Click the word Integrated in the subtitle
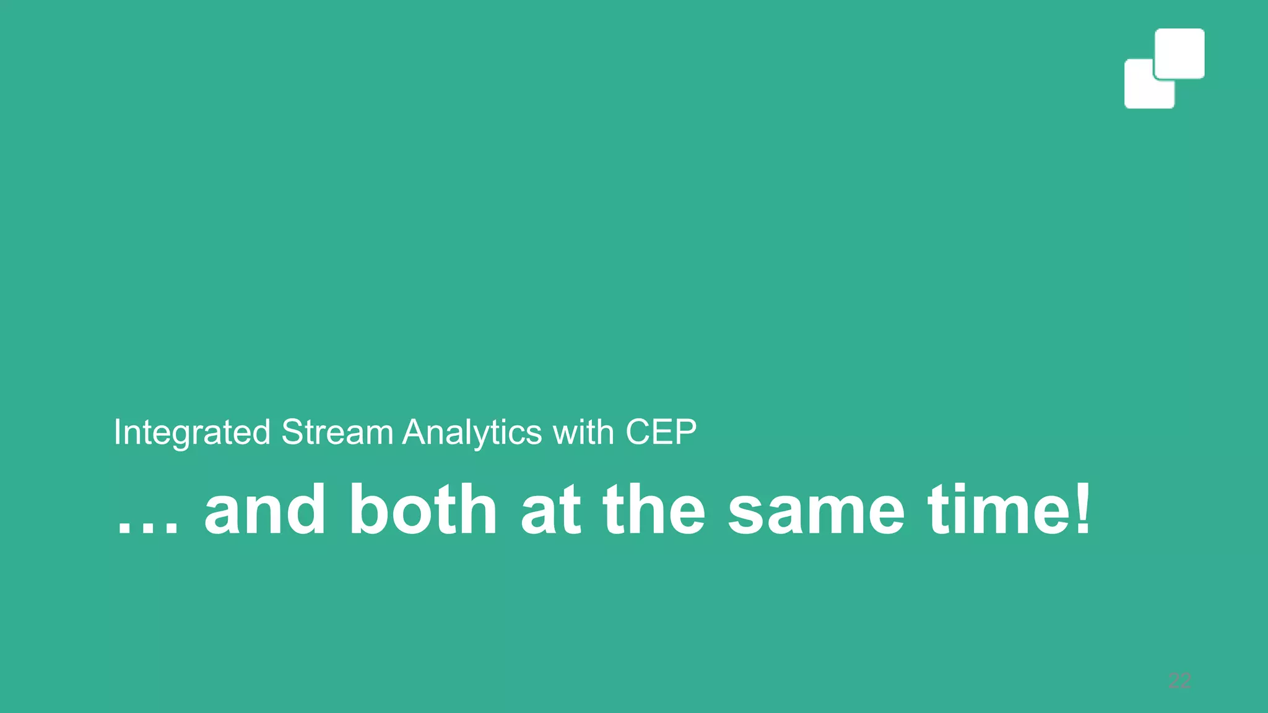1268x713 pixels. tap(192, 432)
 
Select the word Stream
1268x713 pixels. tap(337, 432)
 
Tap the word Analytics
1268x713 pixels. tap(472, 432)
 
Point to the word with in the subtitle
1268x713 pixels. tap(583, 432)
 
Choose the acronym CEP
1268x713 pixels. tap(661, 432)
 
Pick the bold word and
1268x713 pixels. tap(265, 510)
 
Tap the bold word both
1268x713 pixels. tap(423, 510)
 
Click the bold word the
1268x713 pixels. tap(654, 510)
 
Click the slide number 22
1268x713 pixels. tap(1179, 681)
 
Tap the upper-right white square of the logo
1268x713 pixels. tap(1179, 53)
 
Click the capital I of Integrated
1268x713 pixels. tap(116, 432)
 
